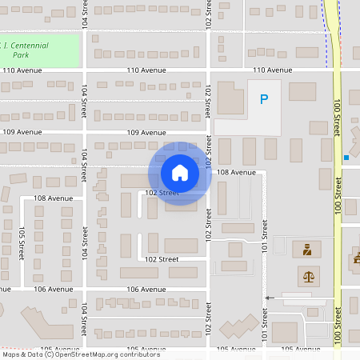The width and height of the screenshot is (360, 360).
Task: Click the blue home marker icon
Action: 179,173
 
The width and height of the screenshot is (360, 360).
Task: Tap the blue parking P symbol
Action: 263,99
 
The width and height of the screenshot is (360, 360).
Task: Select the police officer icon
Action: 306,250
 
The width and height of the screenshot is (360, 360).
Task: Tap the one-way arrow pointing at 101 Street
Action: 270,298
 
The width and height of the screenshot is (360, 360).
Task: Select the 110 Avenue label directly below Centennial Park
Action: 22,70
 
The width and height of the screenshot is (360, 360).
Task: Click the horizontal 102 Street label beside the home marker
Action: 161,193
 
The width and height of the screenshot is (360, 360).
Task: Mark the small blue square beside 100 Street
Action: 346,158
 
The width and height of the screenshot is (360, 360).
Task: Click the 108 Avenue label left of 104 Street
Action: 53,198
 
